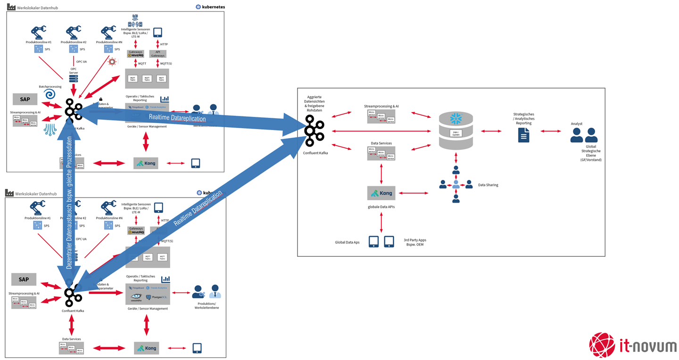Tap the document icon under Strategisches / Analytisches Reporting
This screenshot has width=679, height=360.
(x=523, y=135)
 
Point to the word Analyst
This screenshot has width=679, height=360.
(x=576, y=124)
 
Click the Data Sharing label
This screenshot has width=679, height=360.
(x=488, y=185)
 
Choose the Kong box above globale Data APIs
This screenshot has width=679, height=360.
(x=381, y=193)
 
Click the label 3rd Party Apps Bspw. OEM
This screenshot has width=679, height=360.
(x=415, y=242)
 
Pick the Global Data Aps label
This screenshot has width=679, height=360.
(x=347, y=242)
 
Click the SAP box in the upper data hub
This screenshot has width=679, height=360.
(x=25, y=99)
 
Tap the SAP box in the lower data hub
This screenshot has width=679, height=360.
(x=24, y=279)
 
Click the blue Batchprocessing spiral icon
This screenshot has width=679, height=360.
(x=50, y=95)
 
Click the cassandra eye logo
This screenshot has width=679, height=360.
(x=136, y=297)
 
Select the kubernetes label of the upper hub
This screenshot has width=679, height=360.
(x=211, y=7)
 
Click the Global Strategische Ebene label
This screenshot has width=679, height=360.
(x=591, y=153)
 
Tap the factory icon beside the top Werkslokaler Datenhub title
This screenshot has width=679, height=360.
(x=11, y=7)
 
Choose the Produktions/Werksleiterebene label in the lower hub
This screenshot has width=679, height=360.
(x=207, y=305)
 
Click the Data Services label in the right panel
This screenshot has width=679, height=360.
(x=381, y=143)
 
